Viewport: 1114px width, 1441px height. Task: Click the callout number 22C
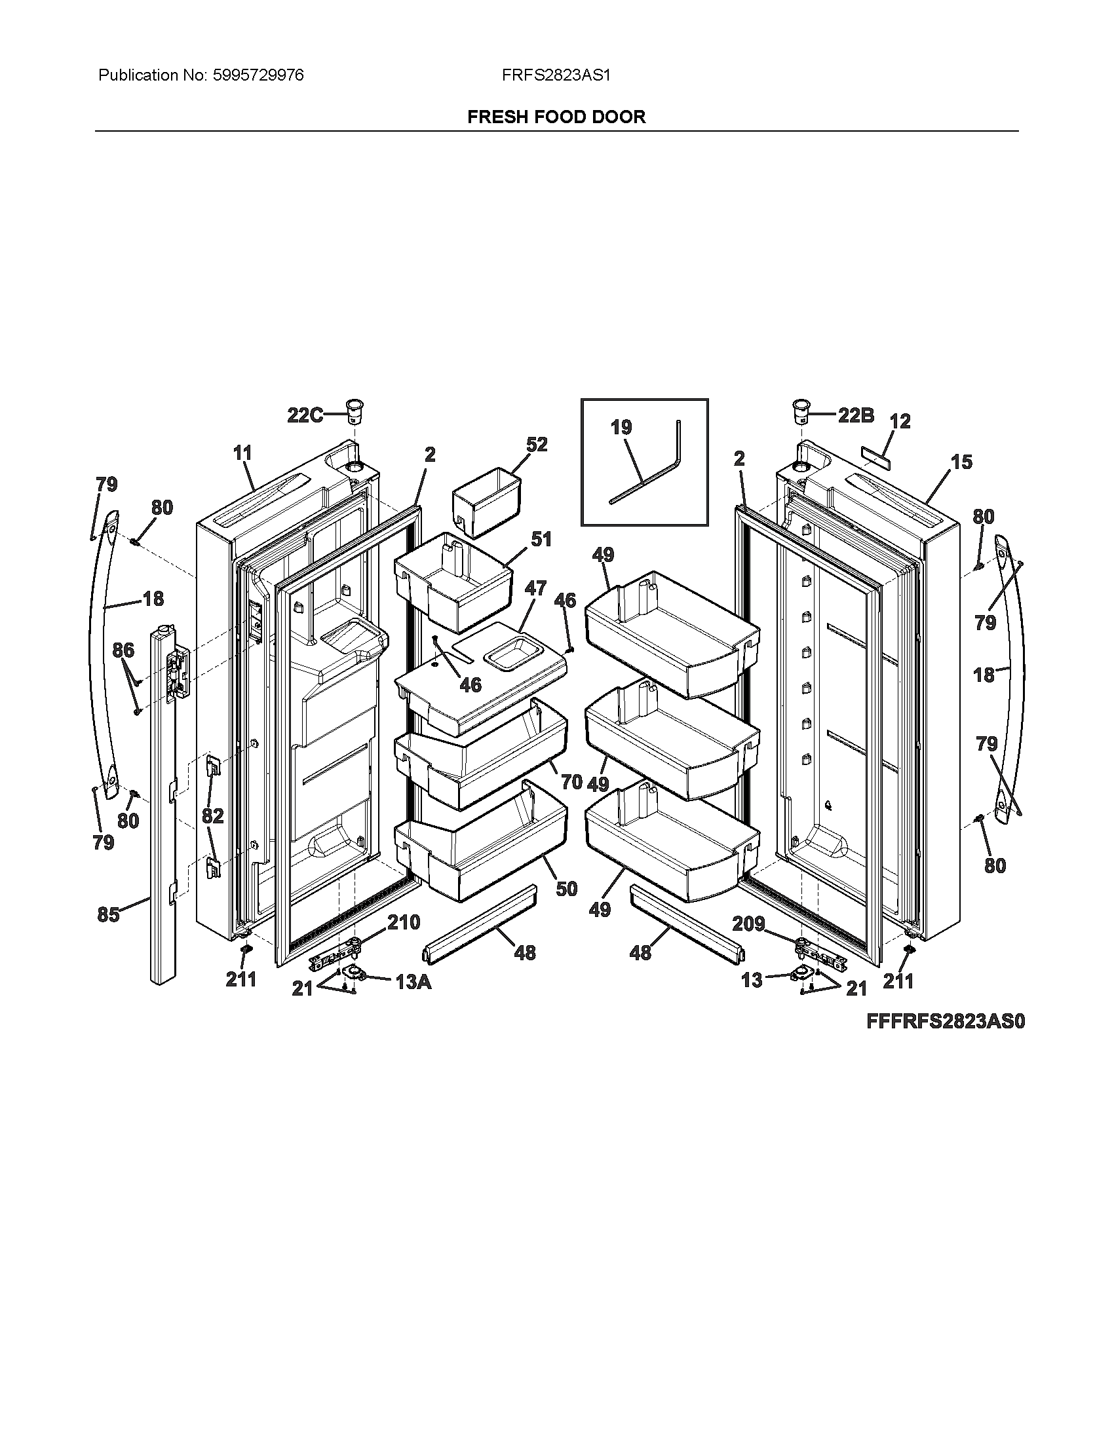click(x=305, y=416)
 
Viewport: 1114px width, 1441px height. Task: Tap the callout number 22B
click(x=856, y=415)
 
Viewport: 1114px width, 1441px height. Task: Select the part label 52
click(x=537, y=444)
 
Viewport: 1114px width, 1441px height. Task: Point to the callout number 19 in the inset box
click(x=621, y=428)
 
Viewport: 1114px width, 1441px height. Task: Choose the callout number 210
click(x=403, y=922)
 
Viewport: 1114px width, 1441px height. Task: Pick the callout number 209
click(x=749, y=924)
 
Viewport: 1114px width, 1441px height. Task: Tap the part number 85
click(x=108, y=914)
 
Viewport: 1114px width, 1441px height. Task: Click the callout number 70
click(x=571, y=782)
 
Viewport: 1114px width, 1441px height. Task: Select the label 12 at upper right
click(x=900, y=421)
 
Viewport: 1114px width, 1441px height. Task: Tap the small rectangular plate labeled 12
click(x=875, y=455)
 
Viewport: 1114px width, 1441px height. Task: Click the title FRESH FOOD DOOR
click(x=556, y=117)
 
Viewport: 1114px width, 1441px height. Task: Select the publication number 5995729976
click(x=258, y=75)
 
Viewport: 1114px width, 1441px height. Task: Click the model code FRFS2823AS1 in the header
click(x=556, y=75)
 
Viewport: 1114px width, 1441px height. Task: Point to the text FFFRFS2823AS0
click(x=946, y=1021)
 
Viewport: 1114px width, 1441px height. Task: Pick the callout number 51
click(x=541, y=539)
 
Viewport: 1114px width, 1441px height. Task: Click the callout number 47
click(x=535, y=588)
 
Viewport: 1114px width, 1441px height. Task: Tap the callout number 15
click(x=961, y=462)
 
